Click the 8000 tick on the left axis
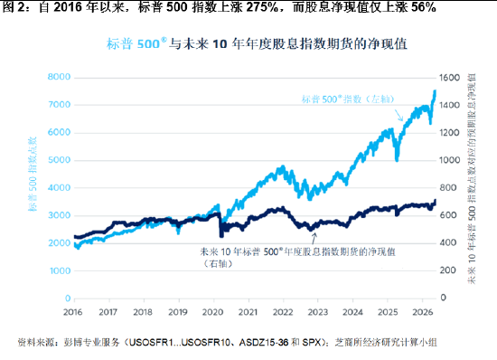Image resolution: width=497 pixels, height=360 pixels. point(59,77)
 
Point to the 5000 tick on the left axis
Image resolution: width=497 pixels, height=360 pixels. point(59,160)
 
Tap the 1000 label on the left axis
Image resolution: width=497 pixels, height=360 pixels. point(59,270)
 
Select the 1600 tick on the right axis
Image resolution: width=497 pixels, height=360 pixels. point(449,78)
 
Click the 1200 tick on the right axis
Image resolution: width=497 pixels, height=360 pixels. point(449,133)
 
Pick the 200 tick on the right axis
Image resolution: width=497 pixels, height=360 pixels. point(448,270)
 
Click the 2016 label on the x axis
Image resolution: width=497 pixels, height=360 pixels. point(73,312)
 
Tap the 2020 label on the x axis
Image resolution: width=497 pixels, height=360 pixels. point(212,312)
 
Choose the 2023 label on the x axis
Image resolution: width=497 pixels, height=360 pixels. point(317,312)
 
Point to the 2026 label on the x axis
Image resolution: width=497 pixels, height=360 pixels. point(423,312)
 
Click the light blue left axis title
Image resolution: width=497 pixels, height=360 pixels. point(33,175)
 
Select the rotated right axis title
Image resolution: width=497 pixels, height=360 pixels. point(472,178)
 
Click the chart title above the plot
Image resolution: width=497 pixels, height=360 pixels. point(257,43)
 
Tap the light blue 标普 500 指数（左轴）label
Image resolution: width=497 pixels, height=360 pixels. point(348,99)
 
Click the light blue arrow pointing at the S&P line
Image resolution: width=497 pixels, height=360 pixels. point(399,115)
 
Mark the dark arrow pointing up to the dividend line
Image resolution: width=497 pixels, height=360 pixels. point(314,239)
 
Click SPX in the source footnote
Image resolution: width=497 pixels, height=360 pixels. point(313,343)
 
